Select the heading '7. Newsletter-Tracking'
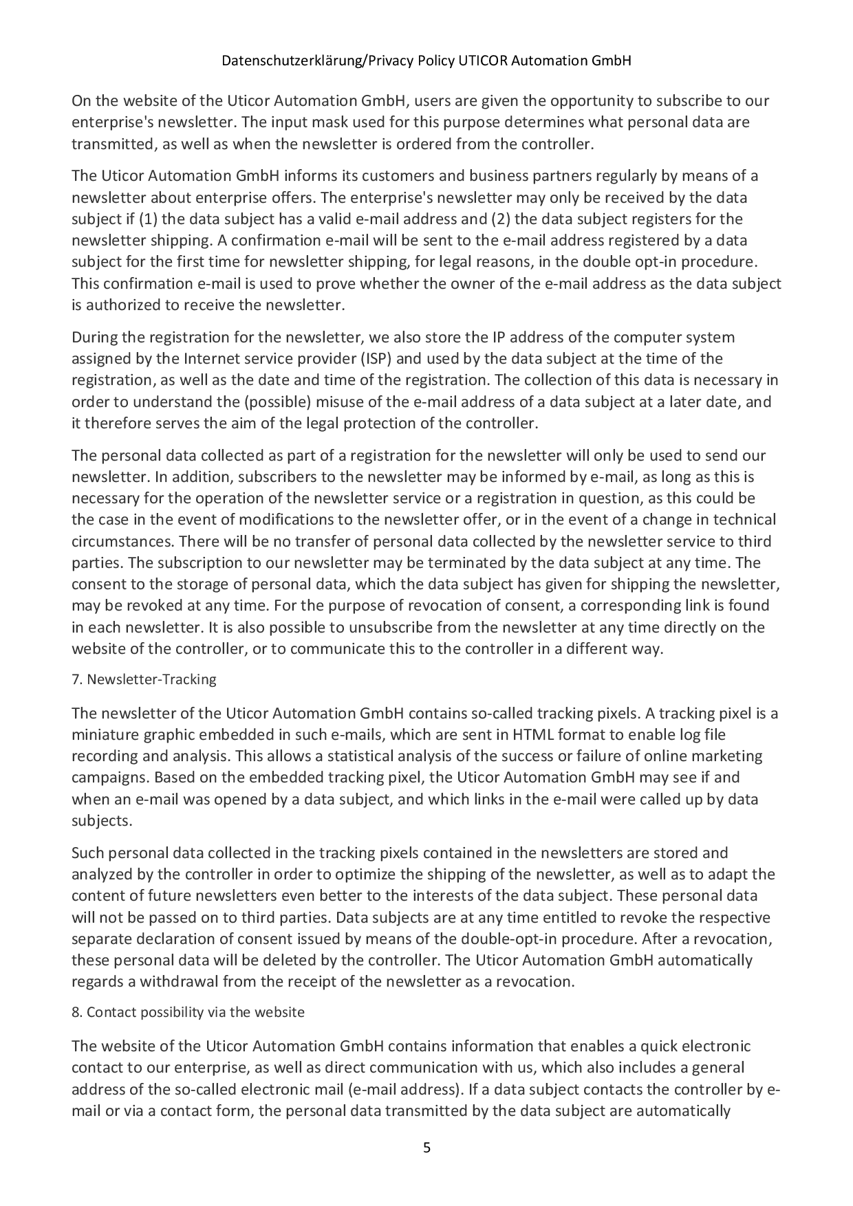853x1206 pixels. [x=144, y=679]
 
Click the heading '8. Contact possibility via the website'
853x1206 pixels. [x=188, y=1012]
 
